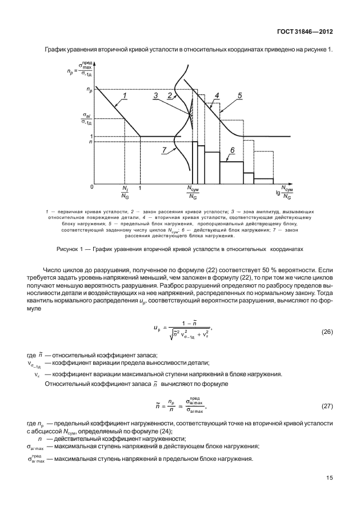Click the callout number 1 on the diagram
(124, 97)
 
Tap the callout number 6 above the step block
(233, 150)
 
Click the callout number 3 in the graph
(156, 95)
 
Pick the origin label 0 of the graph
(91, 187)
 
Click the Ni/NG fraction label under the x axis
(125, 192)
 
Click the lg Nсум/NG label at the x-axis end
(286, 192)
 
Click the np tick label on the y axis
(89, 90)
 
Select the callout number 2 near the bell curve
(169, 95)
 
